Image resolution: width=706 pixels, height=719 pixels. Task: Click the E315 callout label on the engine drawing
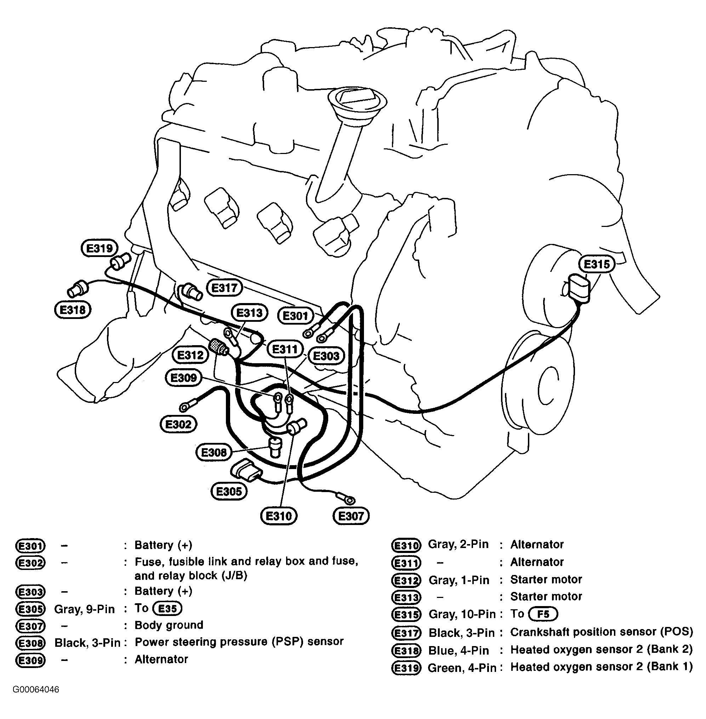596,264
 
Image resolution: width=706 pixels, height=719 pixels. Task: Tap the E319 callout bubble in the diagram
99,248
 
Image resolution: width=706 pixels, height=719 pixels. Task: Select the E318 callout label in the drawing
73,310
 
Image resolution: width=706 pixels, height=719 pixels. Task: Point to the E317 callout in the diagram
224,288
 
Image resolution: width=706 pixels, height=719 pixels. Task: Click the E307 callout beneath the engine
351,516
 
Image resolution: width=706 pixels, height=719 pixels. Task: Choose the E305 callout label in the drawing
229,492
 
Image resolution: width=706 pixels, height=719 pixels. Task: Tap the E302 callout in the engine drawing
178,424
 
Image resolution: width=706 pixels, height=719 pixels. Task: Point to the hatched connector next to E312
218,347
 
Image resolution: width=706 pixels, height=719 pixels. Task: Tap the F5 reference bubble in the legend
542,614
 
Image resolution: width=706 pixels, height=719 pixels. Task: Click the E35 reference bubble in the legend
167,609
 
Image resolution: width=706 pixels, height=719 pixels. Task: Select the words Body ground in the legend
169,625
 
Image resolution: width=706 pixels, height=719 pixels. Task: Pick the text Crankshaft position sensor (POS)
601,632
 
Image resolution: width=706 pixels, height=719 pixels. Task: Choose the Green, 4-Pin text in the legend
462,668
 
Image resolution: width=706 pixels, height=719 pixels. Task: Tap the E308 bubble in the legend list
30,643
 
